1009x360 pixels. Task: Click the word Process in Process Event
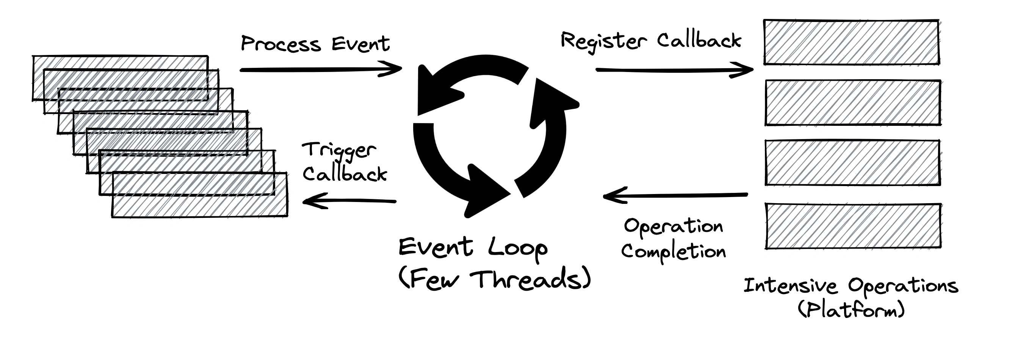pyautogui.click(x=280, y=44)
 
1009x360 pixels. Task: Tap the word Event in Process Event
pyautogui.click(x=360, y=44)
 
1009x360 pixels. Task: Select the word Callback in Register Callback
pyautogui.click(x=699, y=41)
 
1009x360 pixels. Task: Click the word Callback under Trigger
pyautogui.click(x=345, y=174)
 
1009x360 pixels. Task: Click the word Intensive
pyautogui.click(x=790, y=286)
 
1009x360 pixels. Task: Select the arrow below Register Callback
pyautogui.click(x=674, y=70)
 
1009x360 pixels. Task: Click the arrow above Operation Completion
pyautogui.click(x=675, y=195)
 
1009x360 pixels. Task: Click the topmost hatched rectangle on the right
pyautogui.click(x=851, y=42)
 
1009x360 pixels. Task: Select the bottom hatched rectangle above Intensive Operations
pyautogui.click(x=853, y=226)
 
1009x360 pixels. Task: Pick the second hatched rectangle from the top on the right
pyautogui.click(x=853, y=103)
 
